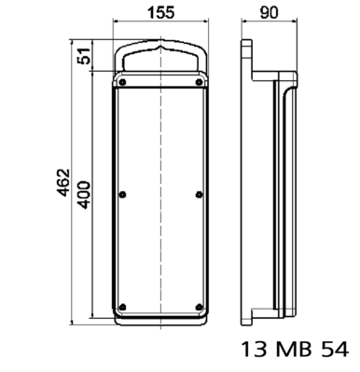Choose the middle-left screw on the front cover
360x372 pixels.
[x=122, y=193]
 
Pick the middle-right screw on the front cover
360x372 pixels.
[x=200, y=193]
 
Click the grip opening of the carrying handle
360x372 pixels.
[x=160, y=60]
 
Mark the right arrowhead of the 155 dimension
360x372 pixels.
[x=204, y=23]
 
